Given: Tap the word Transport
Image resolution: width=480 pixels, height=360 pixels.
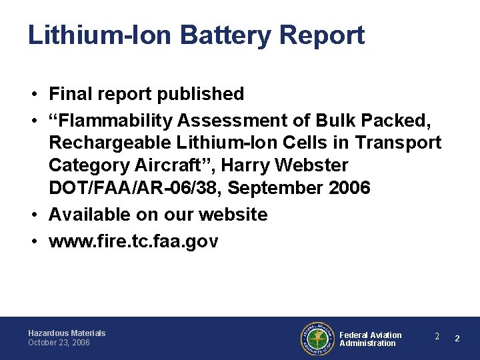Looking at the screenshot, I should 398,143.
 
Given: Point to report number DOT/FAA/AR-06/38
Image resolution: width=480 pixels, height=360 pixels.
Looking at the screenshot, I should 134,187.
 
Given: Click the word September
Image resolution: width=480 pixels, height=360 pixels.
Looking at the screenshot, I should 277,187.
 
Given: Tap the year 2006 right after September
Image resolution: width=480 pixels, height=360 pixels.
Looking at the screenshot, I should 349,187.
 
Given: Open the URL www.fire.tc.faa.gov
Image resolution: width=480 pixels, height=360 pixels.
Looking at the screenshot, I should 133,241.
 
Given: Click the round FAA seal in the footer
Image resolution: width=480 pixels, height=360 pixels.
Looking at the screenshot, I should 317,337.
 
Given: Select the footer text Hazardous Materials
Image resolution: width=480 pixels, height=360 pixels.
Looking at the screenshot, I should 67,333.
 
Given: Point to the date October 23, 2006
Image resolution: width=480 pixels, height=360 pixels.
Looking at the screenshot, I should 59,343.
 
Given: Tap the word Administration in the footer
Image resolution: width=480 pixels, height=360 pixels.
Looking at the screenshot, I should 367,343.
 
